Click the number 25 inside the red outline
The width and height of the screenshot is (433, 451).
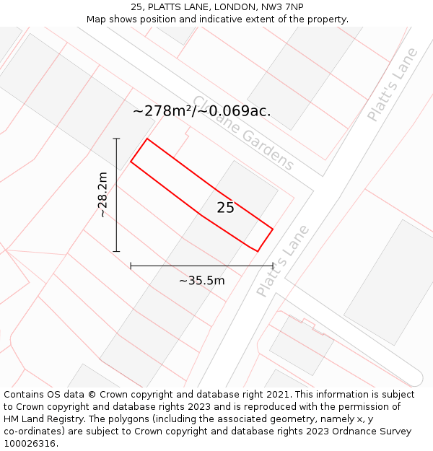point(225,208)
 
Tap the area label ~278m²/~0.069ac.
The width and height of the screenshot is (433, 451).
point(202,111)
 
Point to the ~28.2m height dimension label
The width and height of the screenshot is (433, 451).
point(102,195)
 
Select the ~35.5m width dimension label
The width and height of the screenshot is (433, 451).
point(202,281)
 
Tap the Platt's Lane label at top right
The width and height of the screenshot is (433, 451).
point(392,84)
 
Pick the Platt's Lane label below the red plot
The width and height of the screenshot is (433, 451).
point(283,261)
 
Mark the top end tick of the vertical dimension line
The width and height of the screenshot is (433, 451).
point(116,139)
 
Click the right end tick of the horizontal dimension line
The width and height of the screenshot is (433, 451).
point(273,266)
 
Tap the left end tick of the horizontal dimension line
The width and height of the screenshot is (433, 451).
point(131,266)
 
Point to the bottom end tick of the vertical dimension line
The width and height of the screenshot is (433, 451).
point(116,251)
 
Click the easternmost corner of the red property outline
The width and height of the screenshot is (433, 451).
point(273,229)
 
